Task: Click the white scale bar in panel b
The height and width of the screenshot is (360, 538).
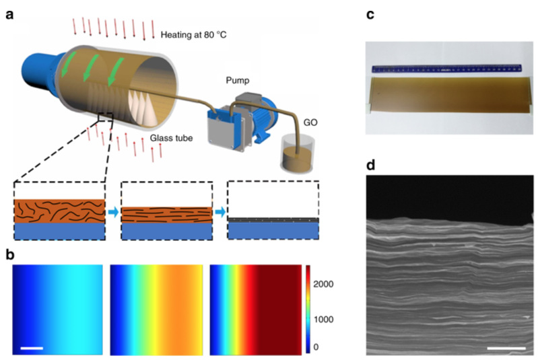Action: tap(32, 348)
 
